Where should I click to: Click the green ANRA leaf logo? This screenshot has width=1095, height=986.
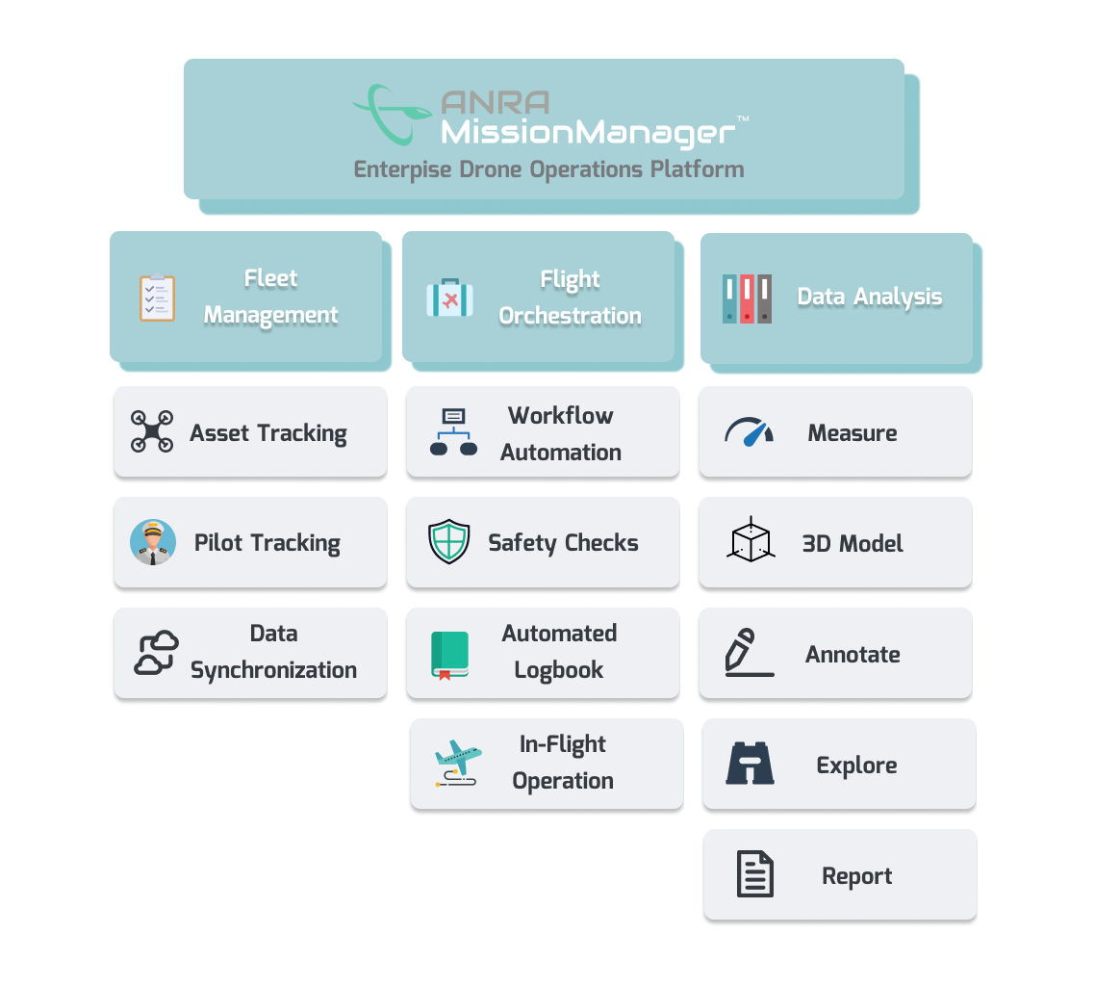coord(391,113)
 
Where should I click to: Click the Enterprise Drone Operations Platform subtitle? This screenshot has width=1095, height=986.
coord(548,169)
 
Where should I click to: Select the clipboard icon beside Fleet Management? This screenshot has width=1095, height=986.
coord(157,298)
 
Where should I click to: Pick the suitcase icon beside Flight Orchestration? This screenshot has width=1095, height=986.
coord(449,298)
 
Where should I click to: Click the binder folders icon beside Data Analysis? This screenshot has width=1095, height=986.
coord(747,298)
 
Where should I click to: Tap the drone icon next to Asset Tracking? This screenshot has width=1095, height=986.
coord(152,432)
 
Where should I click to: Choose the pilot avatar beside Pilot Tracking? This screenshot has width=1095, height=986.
coord(153,542)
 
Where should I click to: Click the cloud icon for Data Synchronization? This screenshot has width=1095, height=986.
coord(156,653)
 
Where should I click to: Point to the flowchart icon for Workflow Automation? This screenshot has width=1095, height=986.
coord(453,432)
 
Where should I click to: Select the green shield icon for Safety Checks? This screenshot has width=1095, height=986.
coord(449,542)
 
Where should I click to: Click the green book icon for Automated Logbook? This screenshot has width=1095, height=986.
coord(449,655)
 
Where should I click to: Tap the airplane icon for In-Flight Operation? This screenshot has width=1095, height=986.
coord(456,764)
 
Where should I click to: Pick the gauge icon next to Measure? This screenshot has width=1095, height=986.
coord(749,432)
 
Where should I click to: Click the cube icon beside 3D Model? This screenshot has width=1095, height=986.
coord(750,541)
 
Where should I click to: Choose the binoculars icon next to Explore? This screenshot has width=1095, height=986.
coord(751,765)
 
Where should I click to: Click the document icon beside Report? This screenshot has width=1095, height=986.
coord(754,874)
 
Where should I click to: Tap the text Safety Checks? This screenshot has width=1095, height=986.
coord(563,543)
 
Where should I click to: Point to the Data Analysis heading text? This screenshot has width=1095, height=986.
coord(870,298)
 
